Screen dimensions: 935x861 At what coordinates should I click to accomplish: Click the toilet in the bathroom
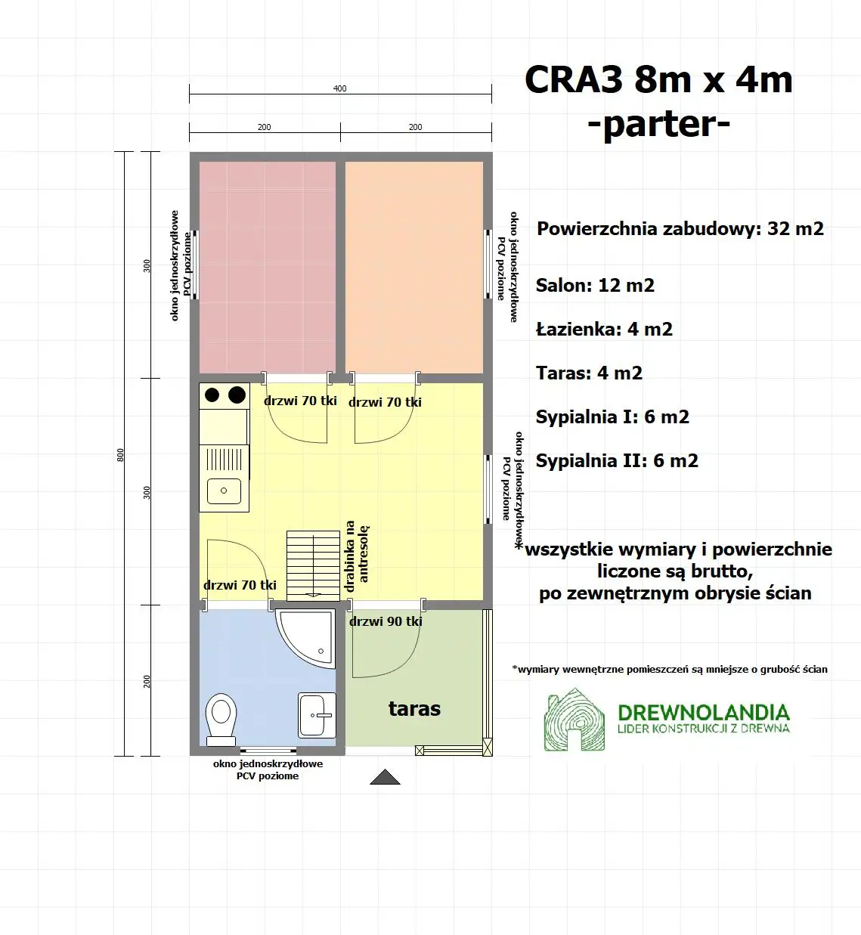point(221,717)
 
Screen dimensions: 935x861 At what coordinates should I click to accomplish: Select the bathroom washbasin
point(317,714)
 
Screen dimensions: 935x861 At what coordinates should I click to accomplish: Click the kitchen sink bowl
point(224,491)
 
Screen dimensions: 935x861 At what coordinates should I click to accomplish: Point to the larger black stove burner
point(237,394)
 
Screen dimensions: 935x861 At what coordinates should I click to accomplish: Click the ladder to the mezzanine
point(313,565)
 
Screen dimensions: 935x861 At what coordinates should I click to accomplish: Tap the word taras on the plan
point(414,708)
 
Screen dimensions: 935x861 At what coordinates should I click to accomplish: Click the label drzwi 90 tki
point(386,621)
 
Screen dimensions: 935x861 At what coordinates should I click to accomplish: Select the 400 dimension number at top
point(340,88)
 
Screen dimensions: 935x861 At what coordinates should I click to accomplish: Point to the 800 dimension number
point(120,454)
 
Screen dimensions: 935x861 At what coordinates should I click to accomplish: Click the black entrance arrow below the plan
point(385,777)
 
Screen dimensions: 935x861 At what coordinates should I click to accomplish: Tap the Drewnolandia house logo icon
point(575,720)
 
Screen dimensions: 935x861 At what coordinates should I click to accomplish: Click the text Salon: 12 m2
point(595,285)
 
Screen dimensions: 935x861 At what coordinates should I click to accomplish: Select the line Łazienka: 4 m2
point(604,329)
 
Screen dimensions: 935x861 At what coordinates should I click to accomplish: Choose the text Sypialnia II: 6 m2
point(617,460)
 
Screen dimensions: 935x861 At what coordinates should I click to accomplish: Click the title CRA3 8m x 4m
point(658,79)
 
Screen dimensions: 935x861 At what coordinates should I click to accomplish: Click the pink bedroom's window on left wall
point(194,265)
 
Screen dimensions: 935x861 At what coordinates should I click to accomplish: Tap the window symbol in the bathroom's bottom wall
point(268,751)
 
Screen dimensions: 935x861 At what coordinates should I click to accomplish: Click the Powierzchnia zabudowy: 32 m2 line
point(680,228)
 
